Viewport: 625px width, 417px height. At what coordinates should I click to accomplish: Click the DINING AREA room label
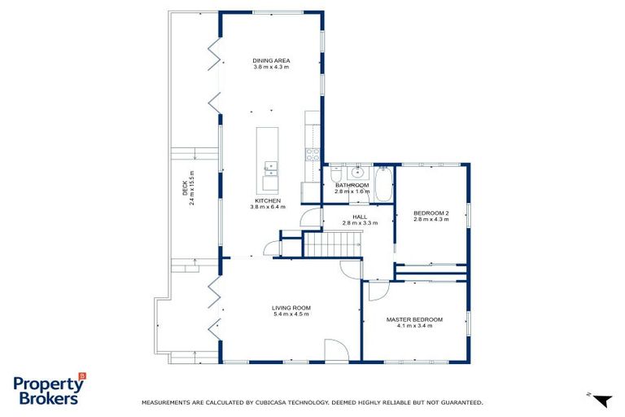271,60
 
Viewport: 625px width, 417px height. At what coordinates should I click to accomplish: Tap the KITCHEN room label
267,200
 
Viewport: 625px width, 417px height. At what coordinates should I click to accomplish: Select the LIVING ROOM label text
291,307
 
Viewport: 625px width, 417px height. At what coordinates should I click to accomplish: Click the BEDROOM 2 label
431,213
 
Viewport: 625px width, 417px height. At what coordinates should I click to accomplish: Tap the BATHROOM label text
352,185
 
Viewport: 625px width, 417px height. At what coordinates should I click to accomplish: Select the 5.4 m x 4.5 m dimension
291,314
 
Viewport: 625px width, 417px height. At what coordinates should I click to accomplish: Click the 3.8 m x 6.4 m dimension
267,207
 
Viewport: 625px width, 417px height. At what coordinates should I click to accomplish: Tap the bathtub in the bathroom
384,182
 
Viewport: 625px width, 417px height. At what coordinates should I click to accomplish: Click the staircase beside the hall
334,243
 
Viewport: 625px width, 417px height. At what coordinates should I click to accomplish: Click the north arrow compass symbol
601,400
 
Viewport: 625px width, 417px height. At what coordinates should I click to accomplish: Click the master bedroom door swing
378,290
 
